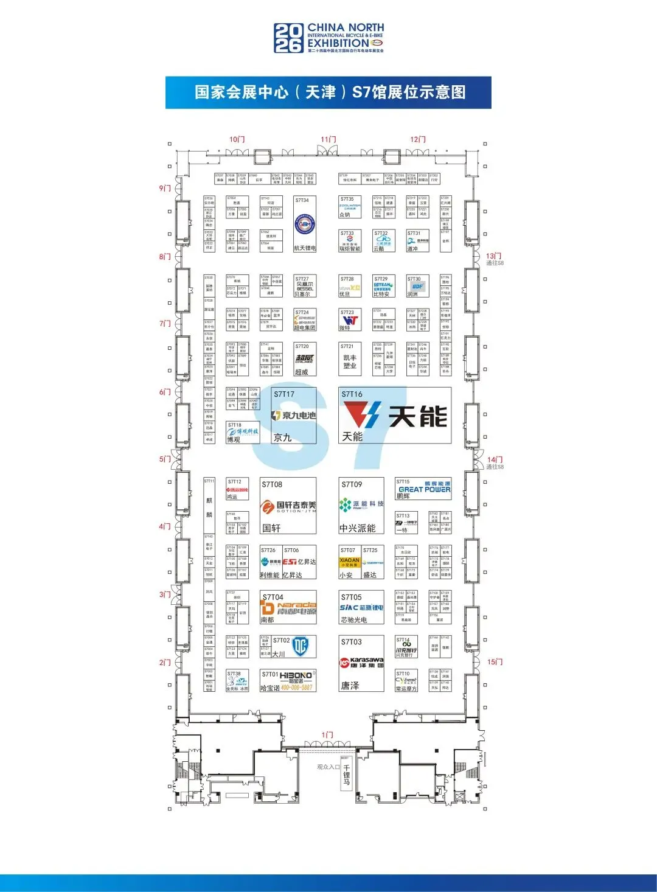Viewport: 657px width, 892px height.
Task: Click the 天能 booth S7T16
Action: [394, 416]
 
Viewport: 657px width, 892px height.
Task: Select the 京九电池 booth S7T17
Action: [294, 416]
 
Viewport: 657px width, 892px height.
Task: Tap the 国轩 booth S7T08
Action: [288, 506]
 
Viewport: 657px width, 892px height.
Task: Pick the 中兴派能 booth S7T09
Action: [361, 506]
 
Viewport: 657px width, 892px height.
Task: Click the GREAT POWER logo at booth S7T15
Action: [424, 489]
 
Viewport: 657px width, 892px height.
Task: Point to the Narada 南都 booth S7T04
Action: [288, 607]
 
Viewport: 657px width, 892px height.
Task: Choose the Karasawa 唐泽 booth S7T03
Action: [361, 663]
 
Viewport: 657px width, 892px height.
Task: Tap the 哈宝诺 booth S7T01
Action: [288, 681]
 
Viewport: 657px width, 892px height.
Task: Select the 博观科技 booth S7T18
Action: [242, 433]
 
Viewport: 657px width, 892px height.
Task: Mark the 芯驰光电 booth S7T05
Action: [361, 607]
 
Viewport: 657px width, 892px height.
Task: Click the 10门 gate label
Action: [237, 140]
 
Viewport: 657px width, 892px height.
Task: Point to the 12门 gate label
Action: [417, 140]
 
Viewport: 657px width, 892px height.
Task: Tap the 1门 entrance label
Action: [327, 735]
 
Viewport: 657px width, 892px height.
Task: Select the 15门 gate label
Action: [495, 662]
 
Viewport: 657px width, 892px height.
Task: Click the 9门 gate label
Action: [165, 189]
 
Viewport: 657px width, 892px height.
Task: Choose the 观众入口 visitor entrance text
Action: [328, 767]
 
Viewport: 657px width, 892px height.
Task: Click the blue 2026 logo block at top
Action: [288, 38]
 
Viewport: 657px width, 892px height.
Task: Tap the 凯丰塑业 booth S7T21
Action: [350, 359]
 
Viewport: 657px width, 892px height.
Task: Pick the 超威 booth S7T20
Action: [305, 359]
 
